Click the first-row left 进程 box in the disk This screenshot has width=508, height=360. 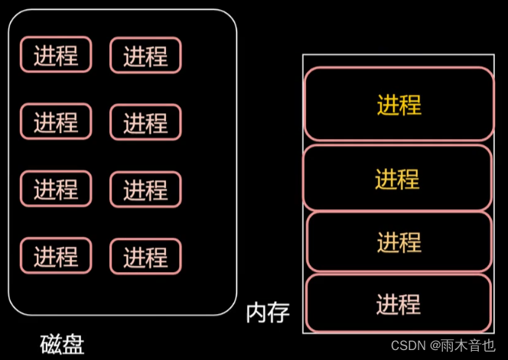click(56, 55)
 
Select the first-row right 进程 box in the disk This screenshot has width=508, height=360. click(145, 55)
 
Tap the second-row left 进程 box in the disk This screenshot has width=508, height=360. click(56, 122)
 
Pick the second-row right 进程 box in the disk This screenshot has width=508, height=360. click(145, 122)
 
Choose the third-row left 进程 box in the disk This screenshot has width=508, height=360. click(56, 189)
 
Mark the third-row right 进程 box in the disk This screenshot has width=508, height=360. click(145, 189)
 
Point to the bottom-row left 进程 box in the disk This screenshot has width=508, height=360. click(56, 256)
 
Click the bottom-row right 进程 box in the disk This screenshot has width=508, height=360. click(145, 256)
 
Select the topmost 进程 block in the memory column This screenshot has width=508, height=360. click(399, 104)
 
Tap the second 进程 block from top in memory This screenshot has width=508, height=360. click(397, 177)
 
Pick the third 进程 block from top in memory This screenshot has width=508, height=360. click(399, 242)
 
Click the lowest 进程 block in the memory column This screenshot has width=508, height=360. click(398, 303)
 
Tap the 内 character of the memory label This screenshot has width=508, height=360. click(257, 313)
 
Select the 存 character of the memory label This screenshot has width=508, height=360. click(278, 313)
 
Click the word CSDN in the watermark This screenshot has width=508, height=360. click(408, 345)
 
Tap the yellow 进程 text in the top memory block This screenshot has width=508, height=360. click(399, 104)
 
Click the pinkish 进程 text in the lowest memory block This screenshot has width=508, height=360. click(398, 303)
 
